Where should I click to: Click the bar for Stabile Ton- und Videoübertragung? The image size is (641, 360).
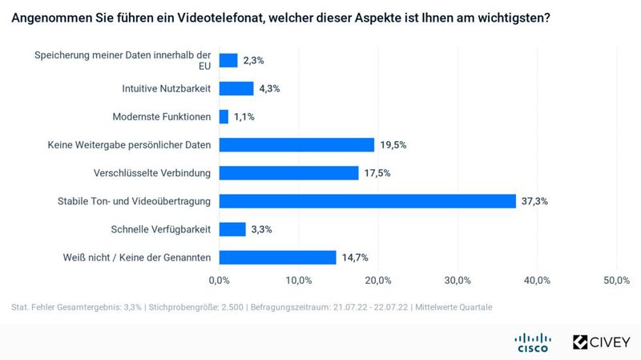(x=367, y=201)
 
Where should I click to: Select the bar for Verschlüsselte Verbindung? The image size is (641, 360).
(x=288, y=173)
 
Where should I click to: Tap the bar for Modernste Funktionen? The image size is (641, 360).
(x=224, y=117)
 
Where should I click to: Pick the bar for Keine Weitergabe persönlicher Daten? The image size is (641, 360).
(x=296, y=145)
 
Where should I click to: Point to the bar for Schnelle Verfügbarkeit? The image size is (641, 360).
(x=232, y=229)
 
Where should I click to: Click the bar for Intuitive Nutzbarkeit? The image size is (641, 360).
(x=236, y=89)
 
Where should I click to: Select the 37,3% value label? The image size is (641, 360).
(x=534, y=201)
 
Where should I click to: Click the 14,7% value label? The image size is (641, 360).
(x=355, y=257)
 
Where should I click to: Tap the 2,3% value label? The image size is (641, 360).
(x=254, y=61)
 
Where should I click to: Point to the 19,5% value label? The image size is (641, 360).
(x=393, y=145)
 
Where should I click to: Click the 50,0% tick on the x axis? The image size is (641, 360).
(x=616, y=280)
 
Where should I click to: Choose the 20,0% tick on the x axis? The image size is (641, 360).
(x=378, y=280)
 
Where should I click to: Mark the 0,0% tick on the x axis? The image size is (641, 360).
(x=219, y=280)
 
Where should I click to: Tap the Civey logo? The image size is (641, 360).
(x=601, y=342)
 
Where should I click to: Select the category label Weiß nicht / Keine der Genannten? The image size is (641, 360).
(x=136, y=257)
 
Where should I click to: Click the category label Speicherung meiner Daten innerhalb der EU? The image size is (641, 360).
(x=122, y=61)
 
